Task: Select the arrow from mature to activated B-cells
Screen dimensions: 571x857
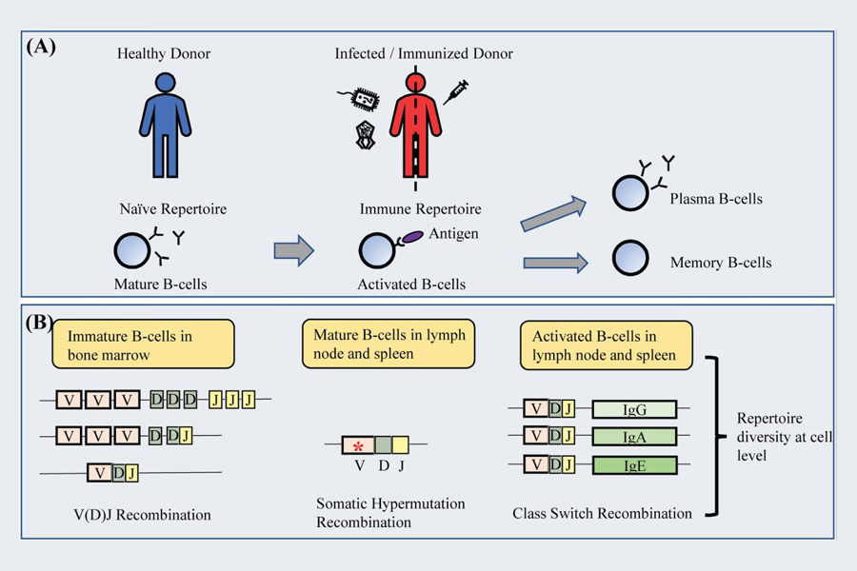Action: click(x=293, y=250)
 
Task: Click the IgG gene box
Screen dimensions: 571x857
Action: click(x=634, y=409)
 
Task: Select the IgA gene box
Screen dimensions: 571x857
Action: click(x=634, y=437)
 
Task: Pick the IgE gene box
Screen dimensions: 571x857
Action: click(x=634, y=465)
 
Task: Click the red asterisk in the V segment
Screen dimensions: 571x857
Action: click(x=357, y=445)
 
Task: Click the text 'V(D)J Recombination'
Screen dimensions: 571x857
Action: click(x=137, y=515)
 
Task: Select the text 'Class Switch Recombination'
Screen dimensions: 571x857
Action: click(x=602, y=513)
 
